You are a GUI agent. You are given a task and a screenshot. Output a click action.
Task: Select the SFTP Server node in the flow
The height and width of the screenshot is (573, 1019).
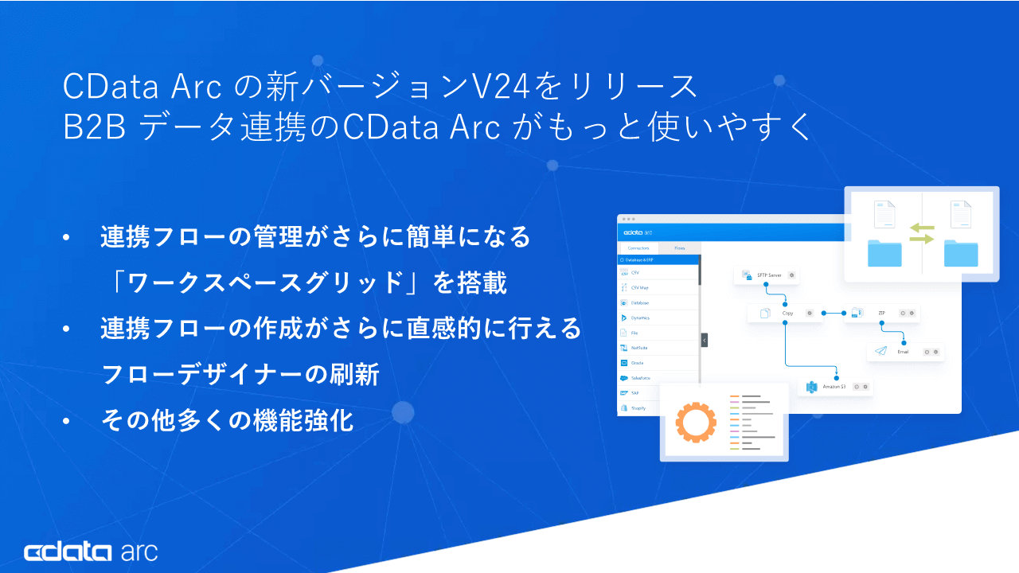(765, 275)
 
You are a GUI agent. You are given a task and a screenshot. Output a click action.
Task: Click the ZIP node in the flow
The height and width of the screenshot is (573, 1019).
(880, 314)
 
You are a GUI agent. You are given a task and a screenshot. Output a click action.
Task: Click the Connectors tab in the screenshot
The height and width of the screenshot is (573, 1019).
(638, 248)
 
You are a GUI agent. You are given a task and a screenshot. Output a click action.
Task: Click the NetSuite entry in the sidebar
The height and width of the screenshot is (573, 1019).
(638, 348)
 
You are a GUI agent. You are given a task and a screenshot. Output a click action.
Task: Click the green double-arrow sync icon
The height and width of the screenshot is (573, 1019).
(921, 233)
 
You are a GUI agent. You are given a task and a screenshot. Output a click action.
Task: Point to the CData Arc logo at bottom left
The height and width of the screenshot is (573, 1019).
(90, 552)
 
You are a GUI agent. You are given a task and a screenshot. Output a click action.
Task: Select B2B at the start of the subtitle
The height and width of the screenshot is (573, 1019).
(94, 128)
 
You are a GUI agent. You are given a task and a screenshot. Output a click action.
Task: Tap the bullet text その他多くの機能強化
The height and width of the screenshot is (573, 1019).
(227, 421)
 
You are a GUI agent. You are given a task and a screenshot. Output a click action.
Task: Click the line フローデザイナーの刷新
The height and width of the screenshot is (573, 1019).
(240, 375)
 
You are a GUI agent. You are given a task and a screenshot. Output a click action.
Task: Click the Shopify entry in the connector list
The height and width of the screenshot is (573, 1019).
(638, 408)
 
